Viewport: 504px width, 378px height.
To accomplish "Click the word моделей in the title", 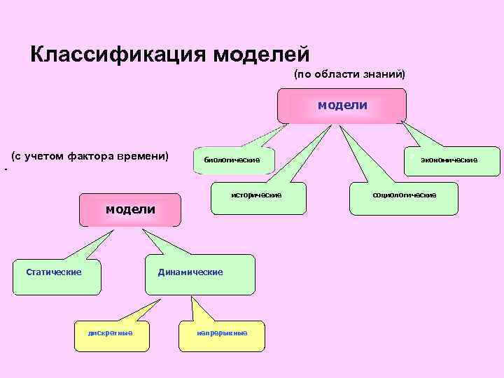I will click(x=260, y=54).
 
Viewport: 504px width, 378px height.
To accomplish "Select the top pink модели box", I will click(x=342, y=105).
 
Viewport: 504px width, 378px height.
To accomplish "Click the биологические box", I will click(x=233, y=160).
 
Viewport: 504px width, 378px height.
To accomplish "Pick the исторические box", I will click(x=256, y=195).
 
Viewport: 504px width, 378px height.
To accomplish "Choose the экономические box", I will click(x=449, y=160).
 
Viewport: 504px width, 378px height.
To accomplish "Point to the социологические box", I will click(x=405, y=195).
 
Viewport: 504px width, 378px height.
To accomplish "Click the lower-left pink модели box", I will click(x=130, y=210).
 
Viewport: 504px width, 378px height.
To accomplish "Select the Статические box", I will click(x=54, y=272).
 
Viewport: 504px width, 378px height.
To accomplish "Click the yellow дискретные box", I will click(x=110, y=332).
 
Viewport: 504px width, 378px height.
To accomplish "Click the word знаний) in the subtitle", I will click(x=383, y=73).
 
